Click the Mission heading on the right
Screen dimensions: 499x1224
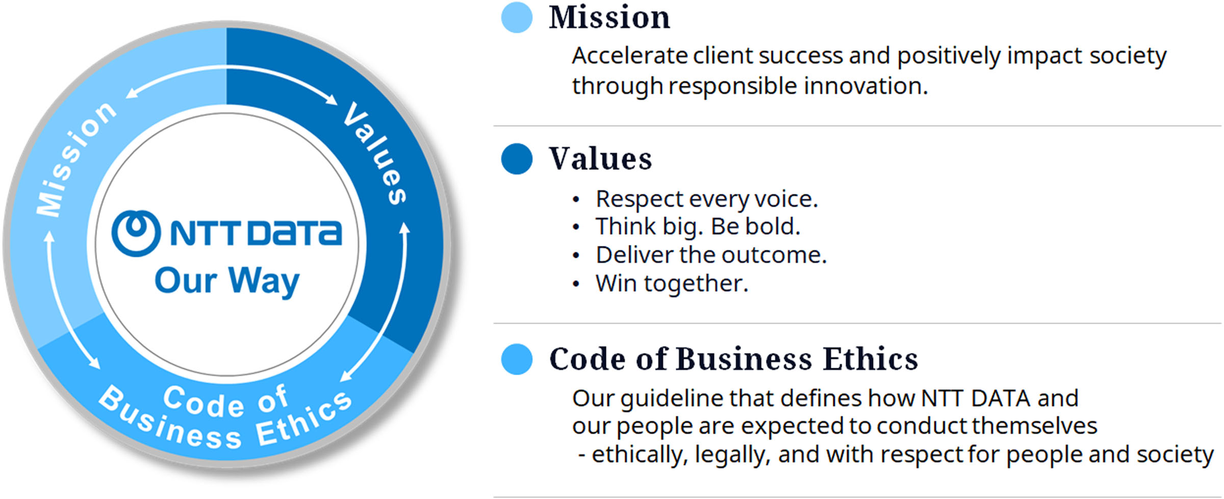click(609, 18)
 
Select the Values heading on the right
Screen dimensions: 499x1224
click(600, 159)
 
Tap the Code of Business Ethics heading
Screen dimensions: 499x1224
click(733, 359)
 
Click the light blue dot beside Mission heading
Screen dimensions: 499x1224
click(517, 18)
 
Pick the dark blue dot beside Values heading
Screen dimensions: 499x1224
click(517, 159)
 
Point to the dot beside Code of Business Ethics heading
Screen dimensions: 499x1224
click(517, 359)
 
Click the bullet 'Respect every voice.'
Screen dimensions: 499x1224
click(706, 199)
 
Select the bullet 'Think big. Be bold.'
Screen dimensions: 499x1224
click(697, 227)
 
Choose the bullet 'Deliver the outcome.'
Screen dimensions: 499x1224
click(710, 255)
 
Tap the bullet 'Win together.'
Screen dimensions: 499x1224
click(671, 283)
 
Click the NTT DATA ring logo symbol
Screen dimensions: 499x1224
click(136, 233)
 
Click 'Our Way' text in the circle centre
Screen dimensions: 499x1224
click(227, 281)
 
